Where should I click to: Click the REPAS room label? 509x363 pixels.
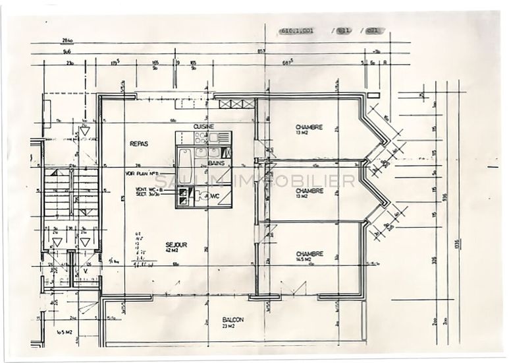[139, 143]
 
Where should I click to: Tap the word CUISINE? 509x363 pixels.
[203, 126]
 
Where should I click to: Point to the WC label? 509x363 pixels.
[214, 196]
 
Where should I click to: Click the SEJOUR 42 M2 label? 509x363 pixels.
[176, 247]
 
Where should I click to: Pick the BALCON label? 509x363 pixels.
[233, 320]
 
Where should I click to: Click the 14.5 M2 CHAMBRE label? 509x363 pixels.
[309, 257]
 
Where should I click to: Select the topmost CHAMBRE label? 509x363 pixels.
[309, 127]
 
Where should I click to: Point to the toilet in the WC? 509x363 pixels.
[202, 196]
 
